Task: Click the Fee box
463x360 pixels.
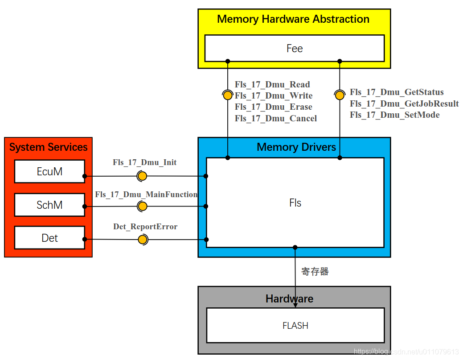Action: [294, 48]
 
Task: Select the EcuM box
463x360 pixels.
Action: [49, 172]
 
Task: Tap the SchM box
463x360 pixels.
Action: [49, 205]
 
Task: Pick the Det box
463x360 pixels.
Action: [49, 238]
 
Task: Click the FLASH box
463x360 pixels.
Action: [295, 326]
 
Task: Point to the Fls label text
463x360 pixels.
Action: [295, 203]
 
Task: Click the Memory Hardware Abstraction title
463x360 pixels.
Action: [293, 19]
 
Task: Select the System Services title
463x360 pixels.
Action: [48, 147]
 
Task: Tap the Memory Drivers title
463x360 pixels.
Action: [296, 147]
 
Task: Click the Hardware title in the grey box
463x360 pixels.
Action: [289, 298]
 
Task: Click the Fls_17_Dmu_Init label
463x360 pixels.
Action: [144, 162]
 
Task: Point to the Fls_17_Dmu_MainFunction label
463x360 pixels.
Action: [146, 194]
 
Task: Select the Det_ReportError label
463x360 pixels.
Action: [145, 227]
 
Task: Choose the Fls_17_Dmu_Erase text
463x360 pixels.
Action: [274, 107]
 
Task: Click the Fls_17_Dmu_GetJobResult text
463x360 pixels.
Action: [404, 103]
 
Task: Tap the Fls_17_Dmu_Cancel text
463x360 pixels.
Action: [276, 118]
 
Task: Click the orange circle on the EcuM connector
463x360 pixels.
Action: [142, 176]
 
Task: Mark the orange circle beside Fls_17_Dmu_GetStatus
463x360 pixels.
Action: [340, 95]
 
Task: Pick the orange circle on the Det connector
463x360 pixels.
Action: [142, 240]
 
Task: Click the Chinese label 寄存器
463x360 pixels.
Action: [315, 271]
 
